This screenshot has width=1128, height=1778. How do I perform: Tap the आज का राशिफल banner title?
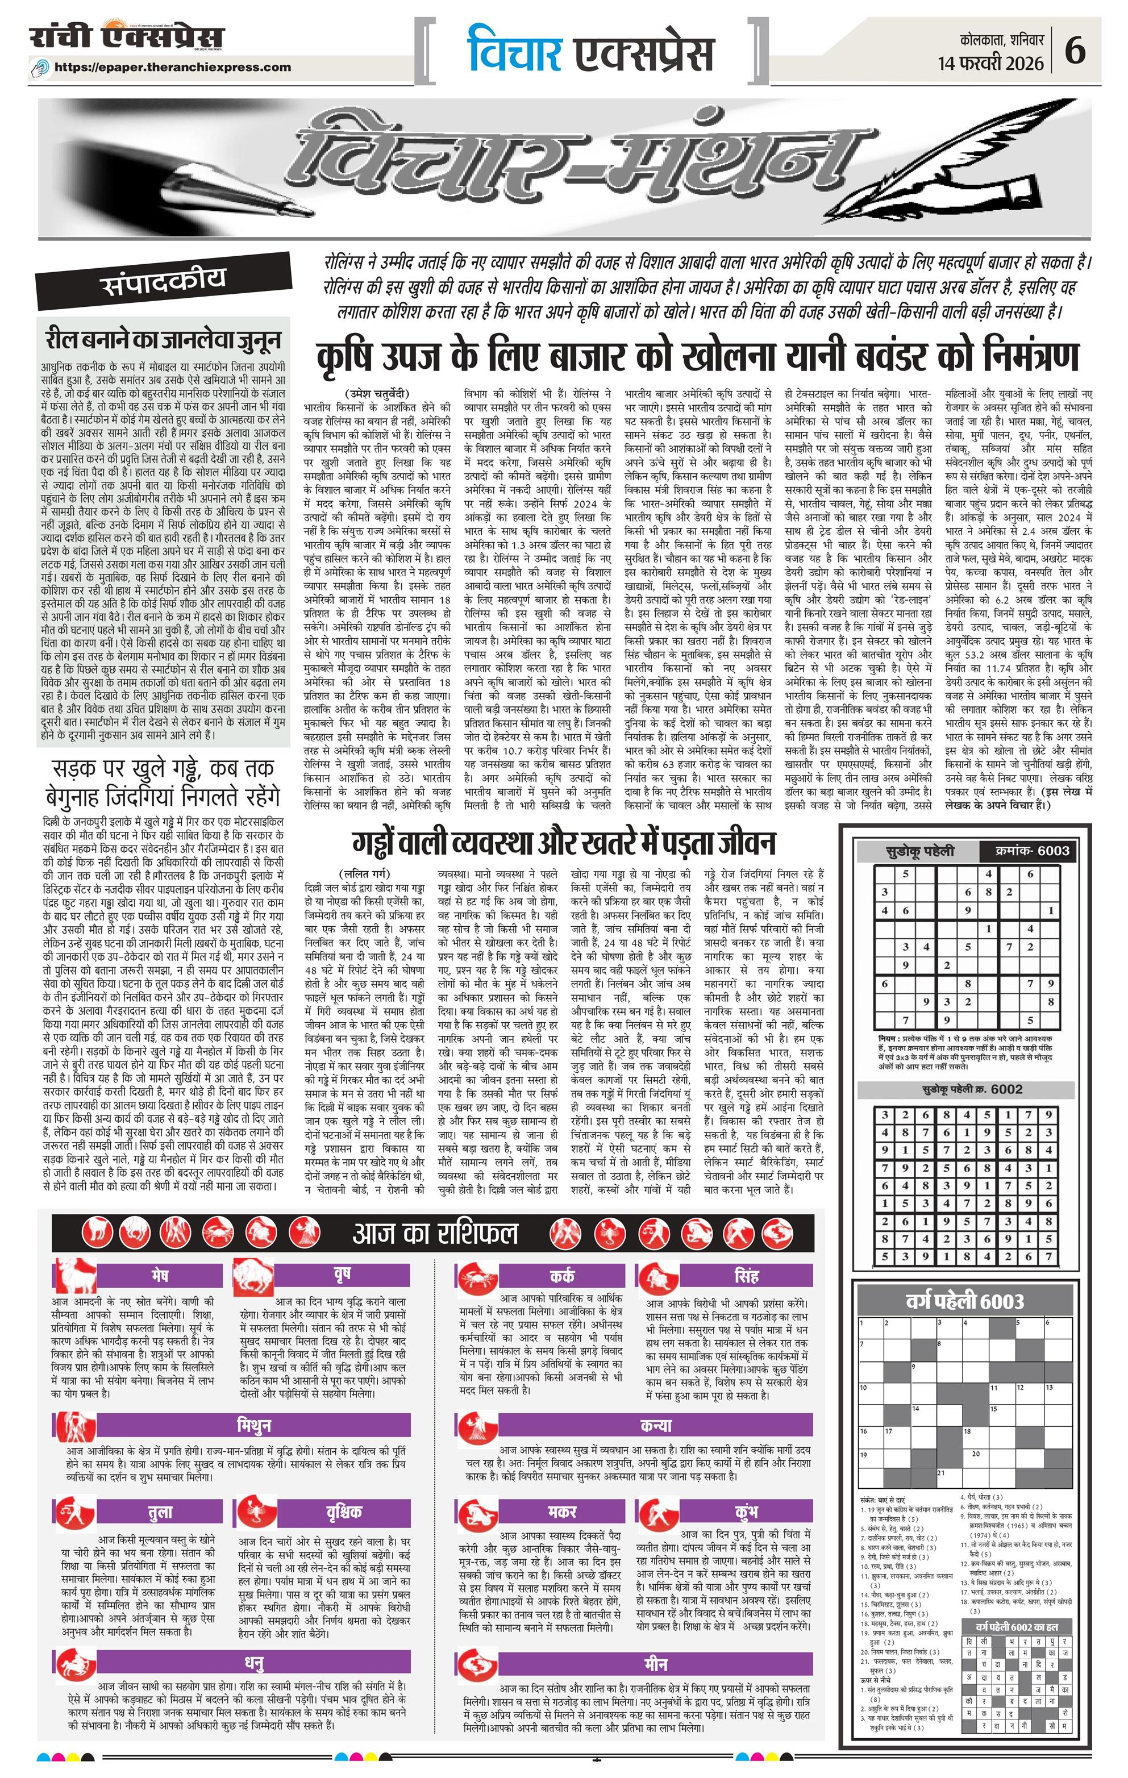tap(435, 1233)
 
